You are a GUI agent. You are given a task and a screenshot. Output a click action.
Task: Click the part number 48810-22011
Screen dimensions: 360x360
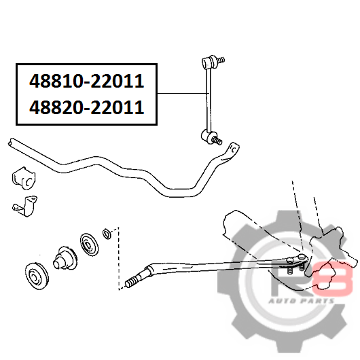click(x=86, y=81)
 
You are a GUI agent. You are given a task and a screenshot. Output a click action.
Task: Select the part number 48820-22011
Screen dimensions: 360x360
click(x=86, y=107)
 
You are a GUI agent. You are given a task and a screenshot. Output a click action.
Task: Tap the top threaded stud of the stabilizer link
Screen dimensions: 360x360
click(x=221, y=60)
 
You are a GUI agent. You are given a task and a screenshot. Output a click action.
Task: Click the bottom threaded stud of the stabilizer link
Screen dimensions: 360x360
click(x=217, y=140)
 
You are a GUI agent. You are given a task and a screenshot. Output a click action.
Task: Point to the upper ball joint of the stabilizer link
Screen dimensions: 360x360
click(x=210, y=62)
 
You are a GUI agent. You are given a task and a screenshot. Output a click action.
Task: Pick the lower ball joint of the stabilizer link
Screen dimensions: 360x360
click(x=208, y=137)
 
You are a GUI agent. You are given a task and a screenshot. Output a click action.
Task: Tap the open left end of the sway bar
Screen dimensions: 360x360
click(x=11, y=142)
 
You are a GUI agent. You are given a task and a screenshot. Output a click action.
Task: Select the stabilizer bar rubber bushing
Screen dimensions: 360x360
click(x=24, y=178)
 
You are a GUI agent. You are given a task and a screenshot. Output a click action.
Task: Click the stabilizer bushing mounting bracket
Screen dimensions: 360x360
click(x=25, y=206)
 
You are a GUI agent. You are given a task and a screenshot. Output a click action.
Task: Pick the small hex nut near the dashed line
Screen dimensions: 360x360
click(x=107, y=234)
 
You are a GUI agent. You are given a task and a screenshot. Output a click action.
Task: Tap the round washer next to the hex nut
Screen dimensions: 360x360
click(x=89, y=244)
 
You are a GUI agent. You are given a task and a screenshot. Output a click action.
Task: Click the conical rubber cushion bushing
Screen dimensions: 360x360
click(x=65, y=257)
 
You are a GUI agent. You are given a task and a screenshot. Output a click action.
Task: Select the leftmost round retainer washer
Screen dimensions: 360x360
click(x=37, y=276)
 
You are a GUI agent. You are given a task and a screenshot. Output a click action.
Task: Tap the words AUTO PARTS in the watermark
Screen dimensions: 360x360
click(x=302, y=301)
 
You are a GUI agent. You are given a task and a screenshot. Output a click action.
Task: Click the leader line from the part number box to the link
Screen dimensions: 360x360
click(x=183, y=94)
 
